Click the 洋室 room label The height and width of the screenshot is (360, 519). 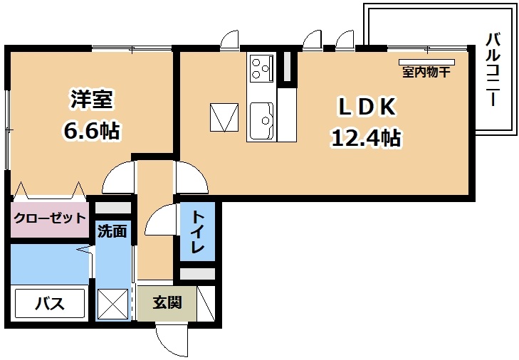[x=91, y=99]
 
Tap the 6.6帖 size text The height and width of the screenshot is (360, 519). [x=91, y=131]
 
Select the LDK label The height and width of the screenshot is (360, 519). [x=367, y=107]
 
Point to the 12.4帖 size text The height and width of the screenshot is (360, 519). [x=366, y=137]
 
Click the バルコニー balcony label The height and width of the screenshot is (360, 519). [x=493, y=70]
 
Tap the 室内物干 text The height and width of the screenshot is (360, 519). [x=426, y=72]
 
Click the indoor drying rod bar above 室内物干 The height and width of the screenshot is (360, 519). [x=426, y=62]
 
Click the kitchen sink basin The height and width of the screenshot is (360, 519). [x=261, y=121]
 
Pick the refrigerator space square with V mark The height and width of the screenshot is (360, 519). [x=224, y=117]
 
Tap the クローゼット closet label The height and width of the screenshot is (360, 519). [x=50, y=218]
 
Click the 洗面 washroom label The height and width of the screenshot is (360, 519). [x=112, y=231]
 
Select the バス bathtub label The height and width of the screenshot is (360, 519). [x=50, y=303]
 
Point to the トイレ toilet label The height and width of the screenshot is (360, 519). [x=197, y=231]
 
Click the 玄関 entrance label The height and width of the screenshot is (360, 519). [x=167, y=302]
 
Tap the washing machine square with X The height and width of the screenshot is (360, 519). [x=113, y=303]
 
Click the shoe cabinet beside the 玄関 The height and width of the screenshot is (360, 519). [x=206, y=303]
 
